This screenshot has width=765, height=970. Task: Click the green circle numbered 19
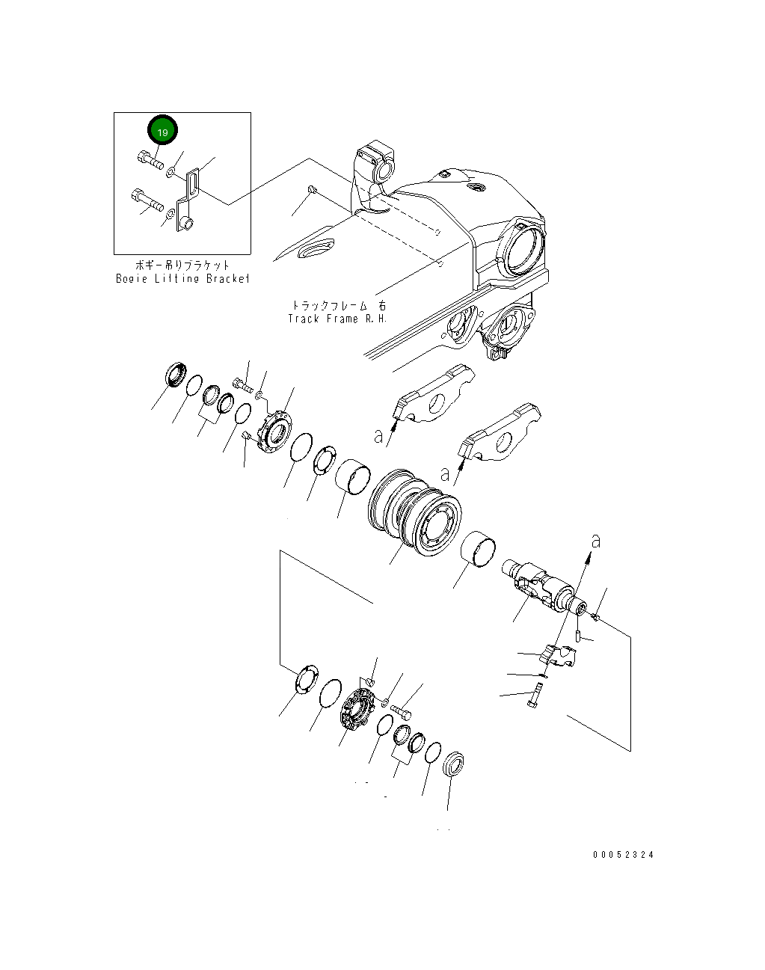162,131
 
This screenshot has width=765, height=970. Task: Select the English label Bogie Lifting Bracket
182,278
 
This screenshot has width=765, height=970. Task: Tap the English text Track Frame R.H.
337,318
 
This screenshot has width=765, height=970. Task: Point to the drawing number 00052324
623,855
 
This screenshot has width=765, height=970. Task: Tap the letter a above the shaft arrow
595,540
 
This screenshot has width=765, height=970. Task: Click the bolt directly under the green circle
151,159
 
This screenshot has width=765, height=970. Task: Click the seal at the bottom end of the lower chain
453,765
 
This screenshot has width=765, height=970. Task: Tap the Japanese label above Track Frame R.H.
340,305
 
